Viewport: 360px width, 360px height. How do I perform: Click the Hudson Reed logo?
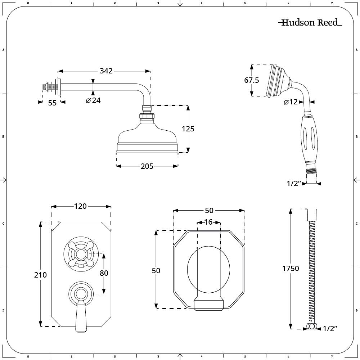(x=310, y=23)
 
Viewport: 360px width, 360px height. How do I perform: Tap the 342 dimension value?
(x=106, y=71)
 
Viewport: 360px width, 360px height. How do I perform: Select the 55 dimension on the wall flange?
(x=52, y=103)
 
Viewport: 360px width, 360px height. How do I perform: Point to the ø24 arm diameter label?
(x=93, y=100)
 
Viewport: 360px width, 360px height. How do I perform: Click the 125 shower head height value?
(x=188, y=129)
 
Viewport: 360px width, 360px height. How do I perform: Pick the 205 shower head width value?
(x=147, y=166)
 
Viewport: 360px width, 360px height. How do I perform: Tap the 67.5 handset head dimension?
(x=252, y=80)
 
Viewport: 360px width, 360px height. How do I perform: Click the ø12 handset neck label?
(x=291, y=102)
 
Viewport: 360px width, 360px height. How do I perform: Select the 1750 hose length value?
(x=291, y=269)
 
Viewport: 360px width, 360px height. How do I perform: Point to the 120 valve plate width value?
(x=80, y=206)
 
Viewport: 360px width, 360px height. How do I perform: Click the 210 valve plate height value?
(x=41, y=275)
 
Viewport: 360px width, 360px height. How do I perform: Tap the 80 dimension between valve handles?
(x=104, y=273)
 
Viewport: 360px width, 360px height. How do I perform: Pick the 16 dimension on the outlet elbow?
(x=208, y=222)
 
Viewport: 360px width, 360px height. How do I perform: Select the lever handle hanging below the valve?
(x=81, y=317)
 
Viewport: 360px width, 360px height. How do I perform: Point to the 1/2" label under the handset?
(x=294, y=184)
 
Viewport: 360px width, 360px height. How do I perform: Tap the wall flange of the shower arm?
(x=59, y=87)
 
